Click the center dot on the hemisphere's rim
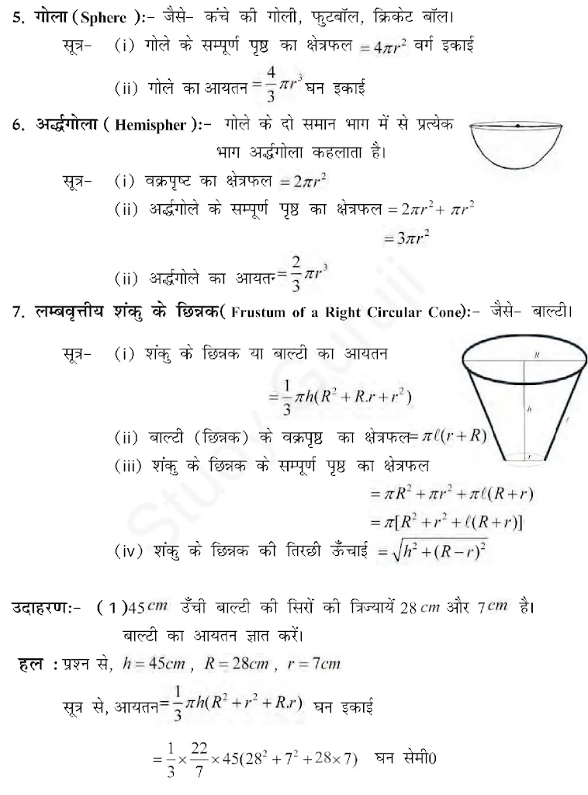tap(517, 125)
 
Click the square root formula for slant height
tap(433, 552)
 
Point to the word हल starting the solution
tap(29, 664)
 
